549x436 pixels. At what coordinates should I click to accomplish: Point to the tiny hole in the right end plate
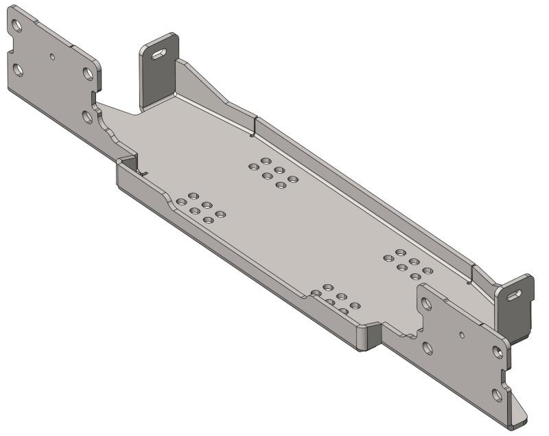pos(463,335)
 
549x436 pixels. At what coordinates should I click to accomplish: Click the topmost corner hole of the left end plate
pos(17,27)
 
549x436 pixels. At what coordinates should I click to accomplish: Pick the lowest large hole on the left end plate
pos(88,117)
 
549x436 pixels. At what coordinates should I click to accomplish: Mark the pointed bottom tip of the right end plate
pos(522,416)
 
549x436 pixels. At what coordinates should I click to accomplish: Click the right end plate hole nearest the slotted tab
pos(498,352)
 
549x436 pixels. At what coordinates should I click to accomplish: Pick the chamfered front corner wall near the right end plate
pos(371,336)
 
